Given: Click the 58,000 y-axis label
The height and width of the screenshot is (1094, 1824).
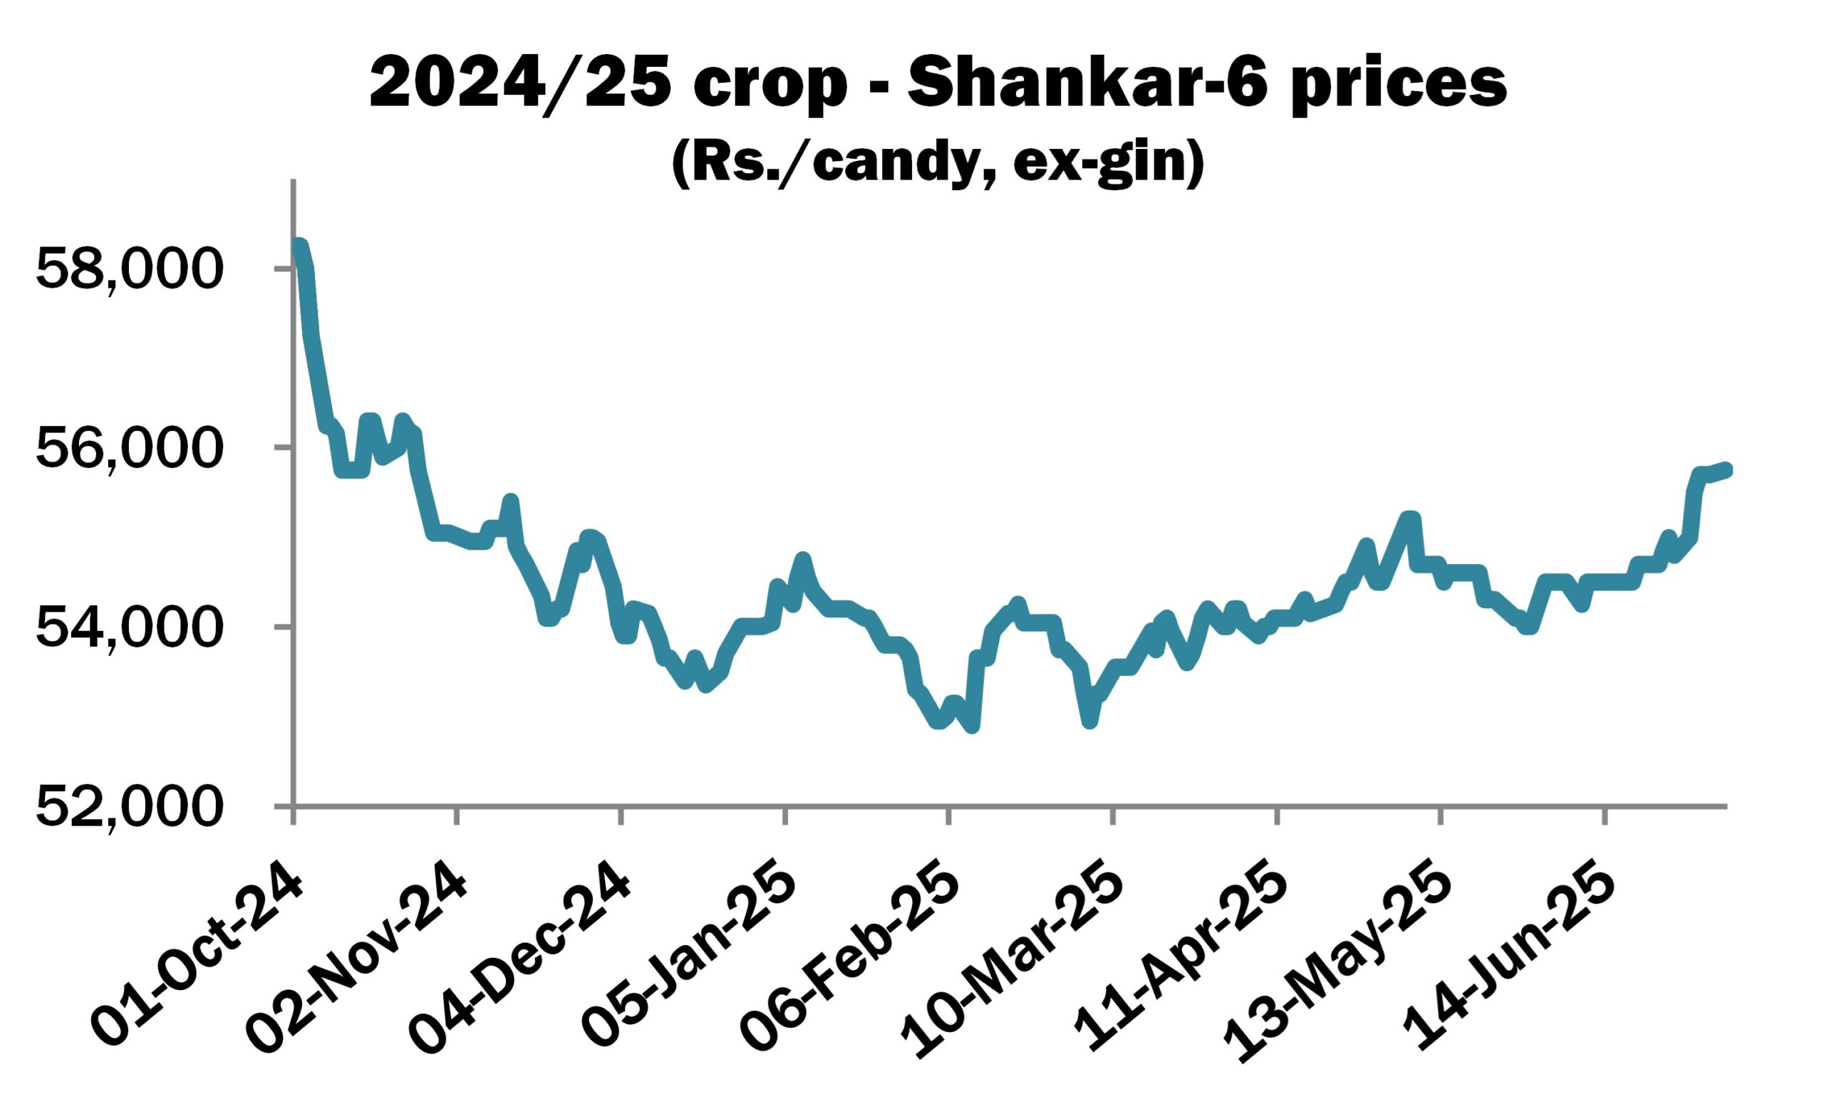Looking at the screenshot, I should pos(128,270).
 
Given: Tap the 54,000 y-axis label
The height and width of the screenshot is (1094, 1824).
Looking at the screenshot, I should pos(128,628).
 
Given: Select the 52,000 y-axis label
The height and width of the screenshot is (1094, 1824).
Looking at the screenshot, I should pos(128,807).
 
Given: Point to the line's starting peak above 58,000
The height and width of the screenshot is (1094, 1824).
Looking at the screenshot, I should pos(299,246).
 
